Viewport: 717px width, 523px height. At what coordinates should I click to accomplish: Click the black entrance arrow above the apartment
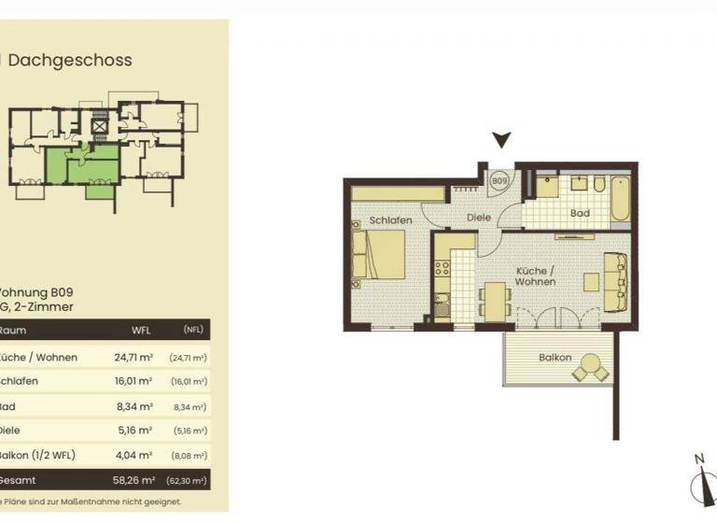click(502, 141)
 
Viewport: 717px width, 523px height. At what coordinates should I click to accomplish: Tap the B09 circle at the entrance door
click(499, 179)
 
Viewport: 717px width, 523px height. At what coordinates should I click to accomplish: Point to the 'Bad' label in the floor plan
click(579, 213)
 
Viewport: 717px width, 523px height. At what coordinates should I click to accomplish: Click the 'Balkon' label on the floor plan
click(554, 358)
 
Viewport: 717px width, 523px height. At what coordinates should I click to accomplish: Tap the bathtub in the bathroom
click(621, 197)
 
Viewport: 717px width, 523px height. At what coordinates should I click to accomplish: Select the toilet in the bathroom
click(598, 182)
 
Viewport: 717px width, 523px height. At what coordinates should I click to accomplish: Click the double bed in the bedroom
click(378, 254)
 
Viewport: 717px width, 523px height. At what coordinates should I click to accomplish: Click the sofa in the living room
click(615, 281)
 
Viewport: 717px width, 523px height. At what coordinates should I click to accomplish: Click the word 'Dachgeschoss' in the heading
click(71, 60)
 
